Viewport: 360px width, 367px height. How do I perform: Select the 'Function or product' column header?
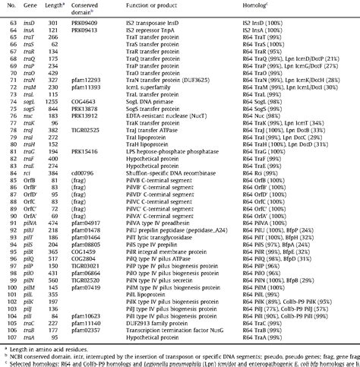[x=166, y=7]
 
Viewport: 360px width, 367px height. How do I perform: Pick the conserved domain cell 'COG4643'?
[x=106, y=114]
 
